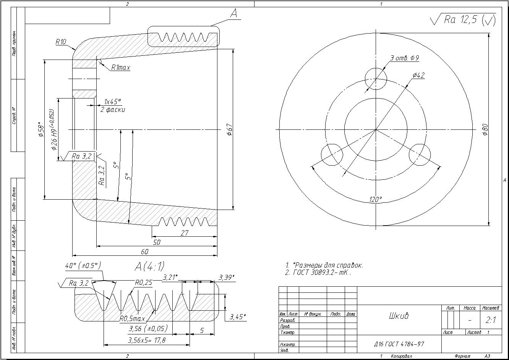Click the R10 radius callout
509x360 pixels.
click(61, 42)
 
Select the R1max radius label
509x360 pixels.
click(121, 68)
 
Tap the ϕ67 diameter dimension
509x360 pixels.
click(229, 129)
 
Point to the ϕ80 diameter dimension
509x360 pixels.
click(485, 129)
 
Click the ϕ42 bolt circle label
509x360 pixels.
click(418, 76)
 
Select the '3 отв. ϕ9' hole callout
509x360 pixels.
click(404, 58)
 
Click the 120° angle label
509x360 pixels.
click(376, 199)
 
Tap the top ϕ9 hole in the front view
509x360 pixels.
click(376, 78)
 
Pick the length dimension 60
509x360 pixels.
click(144, 252)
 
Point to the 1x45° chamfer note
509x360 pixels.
click(113, 102)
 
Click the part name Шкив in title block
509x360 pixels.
click(399, 316)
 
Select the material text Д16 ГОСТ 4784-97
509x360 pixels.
click(399, 344)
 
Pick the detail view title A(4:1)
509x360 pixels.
click(149, 266)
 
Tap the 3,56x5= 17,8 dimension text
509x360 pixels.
click(147, 341)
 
